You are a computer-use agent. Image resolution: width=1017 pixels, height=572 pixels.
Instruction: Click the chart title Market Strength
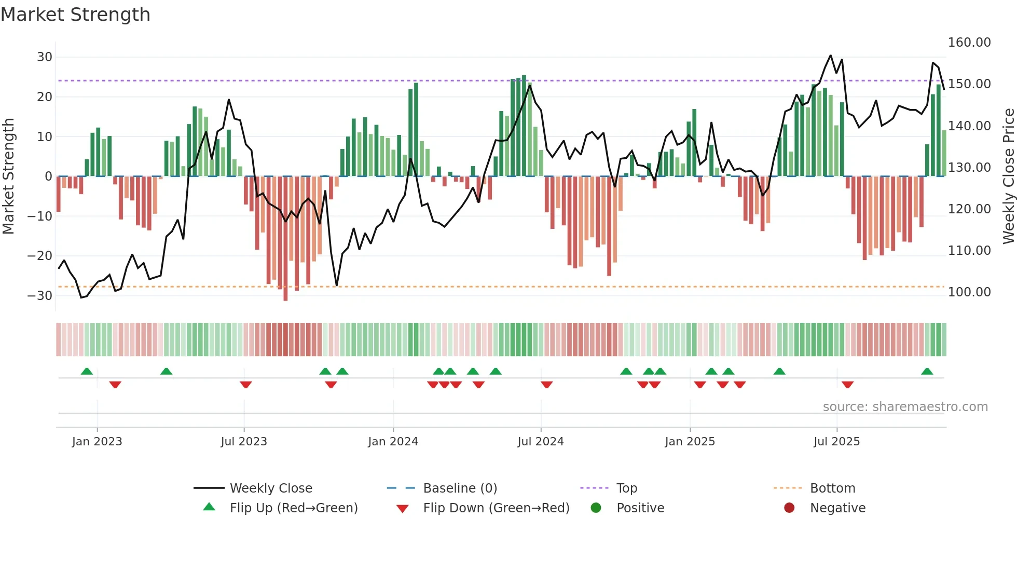click(75, 15)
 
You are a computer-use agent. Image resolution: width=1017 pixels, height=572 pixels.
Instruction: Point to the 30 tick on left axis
click(45, 57)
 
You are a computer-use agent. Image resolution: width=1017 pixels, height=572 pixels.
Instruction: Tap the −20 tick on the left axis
click(40, 255)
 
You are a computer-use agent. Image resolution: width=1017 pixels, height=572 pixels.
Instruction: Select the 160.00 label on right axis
click(969, 43)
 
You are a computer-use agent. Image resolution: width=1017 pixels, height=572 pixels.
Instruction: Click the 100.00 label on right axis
click(969, 292)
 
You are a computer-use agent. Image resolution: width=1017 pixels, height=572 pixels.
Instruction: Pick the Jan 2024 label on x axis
click(393, 442)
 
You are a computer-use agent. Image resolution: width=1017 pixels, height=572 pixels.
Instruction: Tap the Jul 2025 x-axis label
click(836, 442)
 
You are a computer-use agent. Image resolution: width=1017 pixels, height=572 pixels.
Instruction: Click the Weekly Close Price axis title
click(1008, 176)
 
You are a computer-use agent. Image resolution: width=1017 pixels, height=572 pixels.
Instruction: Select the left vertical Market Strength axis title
click(8, 176)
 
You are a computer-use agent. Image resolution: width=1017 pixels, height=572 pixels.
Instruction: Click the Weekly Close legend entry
click(271, 488)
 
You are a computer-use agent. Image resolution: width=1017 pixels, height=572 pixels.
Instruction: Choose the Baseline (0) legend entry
click(460, 488)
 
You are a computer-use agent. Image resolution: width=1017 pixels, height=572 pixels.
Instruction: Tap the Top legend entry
click(626, 488)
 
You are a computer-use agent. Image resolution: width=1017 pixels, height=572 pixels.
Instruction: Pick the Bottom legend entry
click(832, 488)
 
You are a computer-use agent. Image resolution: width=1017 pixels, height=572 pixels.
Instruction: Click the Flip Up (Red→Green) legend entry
click(293, 508)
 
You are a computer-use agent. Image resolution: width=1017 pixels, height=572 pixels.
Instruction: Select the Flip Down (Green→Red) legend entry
click(496, 508)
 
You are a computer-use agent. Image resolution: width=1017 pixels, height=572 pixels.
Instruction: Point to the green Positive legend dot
click(596, 508)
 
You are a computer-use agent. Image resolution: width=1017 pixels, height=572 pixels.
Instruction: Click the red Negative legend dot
click(789, 508)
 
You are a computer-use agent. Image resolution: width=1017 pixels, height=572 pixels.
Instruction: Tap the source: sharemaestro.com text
click(905, 407)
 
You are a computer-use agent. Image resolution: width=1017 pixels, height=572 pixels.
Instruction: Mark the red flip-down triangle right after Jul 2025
click(848, 385)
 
